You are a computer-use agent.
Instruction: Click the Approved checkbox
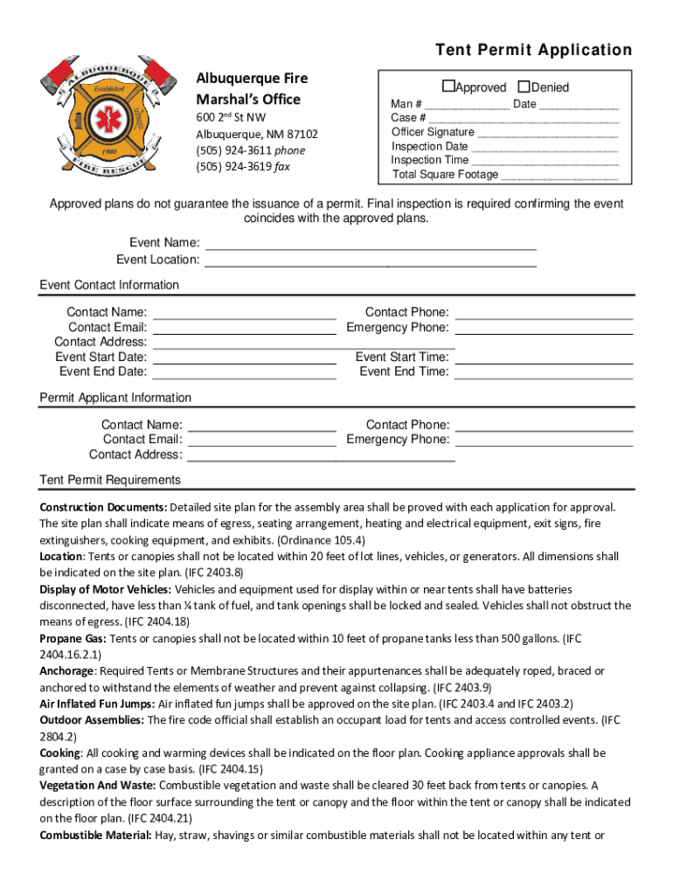pyautogui.click(x=448, y=87)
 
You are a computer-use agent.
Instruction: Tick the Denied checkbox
pyautogui.click(x=524, y=87)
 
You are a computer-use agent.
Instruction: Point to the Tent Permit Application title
pyautogui.click(x=533, y=50)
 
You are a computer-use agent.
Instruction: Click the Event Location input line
pyautogui.click(x=370, y=264)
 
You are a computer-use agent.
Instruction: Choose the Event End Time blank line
pyautogui.click(x=544, y=377)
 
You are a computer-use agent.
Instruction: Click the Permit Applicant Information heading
pyautogui.click(x=115, y=398)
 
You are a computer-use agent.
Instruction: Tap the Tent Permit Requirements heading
pyautogui.click(x=110, y=480)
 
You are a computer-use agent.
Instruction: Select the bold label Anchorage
pyautogui.click(x=67, y=671)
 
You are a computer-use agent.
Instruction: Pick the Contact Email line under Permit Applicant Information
pyautogui.click(x=262, y=445)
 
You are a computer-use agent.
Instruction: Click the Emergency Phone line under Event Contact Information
pyautogui.click(x=544, y=333)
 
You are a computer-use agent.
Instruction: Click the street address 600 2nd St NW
pyautogui.click(x=231, y=117)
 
